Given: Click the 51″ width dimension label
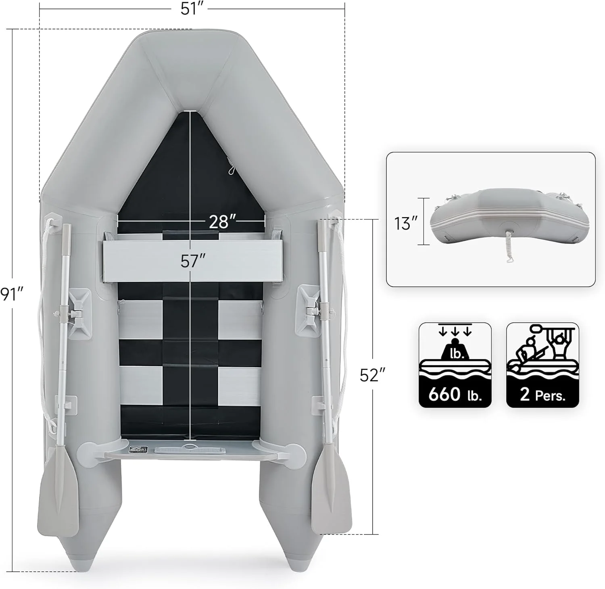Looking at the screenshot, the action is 191,8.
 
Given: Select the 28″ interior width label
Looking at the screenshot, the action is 222,221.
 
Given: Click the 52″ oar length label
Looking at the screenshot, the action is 370,376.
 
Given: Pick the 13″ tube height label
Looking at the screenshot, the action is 406,223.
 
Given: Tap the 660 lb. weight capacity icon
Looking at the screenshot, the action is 455,365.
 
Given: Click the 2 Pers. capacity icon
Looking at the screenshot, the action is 542,365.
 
